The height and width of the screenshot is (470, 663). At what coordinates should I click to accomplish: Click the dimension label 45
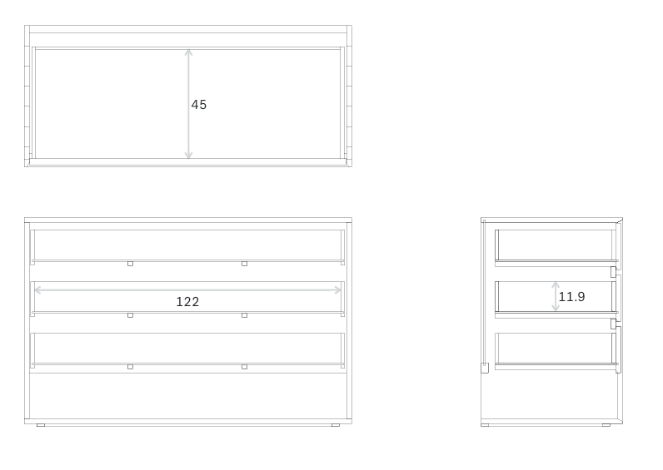pos(199,105)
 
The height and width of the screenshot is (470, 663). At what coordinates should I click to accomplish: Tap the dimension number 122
pos(187,302)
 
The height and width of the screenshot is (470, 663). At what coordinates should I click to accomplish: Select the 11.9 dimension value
pos(571,297)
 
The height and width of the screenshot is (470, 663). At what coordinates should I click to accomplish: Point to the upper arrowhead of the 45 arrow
pos(188,52)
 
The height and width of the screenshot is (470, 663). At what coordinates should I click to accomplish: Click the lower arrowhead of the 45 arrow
pos(188,156)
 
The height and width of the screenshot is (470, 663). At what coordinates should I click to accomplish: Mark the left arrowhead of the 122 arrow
pos(37,289)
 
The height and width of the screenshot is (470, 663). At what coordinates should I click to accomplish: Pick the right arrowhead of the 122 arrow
pos(338,289)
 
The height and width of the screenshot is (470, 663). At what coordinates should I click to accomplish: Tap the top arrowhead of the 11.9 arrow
pos(556,285)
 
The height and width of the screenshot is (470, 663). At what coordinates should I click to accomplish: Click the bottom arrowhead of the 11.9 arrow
pos(556,309)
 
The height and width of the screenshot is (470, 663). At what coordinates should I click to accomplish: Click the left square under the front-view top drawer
pos(130,264)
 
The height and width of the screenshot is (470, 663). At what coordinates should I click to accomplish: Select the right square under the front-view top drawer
pos(244,264)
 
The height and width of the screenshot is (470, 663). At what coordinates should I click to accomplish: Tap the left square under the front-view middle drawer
pos(130,315)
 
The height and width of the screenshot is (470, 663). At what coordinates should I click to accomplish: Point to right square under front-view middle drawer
pos(244,315)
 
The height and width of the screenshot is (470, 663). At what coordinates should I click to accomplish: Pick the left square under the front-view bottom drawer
pos(130,367)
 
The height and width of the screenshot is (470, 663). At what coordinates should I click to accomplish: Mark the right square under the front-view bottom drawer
pos(244,367)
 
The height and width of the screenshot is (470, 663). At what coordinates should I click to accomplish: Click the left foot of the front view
pos(41,425)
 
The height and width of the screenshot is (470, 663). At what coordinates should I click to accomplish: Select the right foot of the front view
pos(336,425)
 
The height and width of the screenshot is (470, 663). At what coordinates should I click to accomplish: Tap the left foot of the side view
pos(485,425)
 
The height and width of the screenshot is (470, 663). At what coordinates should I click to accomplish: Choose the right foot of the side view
pos(606,425)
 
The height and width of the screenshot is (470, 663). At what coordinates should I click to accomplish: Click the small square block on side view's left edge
pos(485,368)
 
